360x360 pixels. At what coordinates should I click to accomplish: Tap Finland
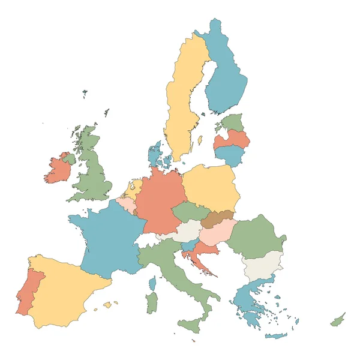[x=227, y=78]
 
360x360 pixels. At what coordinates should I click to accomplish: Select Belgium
[x=127, y=205]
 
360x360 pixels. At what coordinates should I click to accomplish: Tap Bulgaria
[x=263, y=264]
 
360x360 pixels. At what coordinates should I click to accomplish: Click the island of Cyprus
[x=338, y=320]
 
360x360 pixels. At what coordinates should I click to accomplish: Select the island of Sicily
[x=191, y=326]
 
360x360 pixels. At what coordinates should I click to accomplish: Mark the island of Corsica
[x=152, y=283]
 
